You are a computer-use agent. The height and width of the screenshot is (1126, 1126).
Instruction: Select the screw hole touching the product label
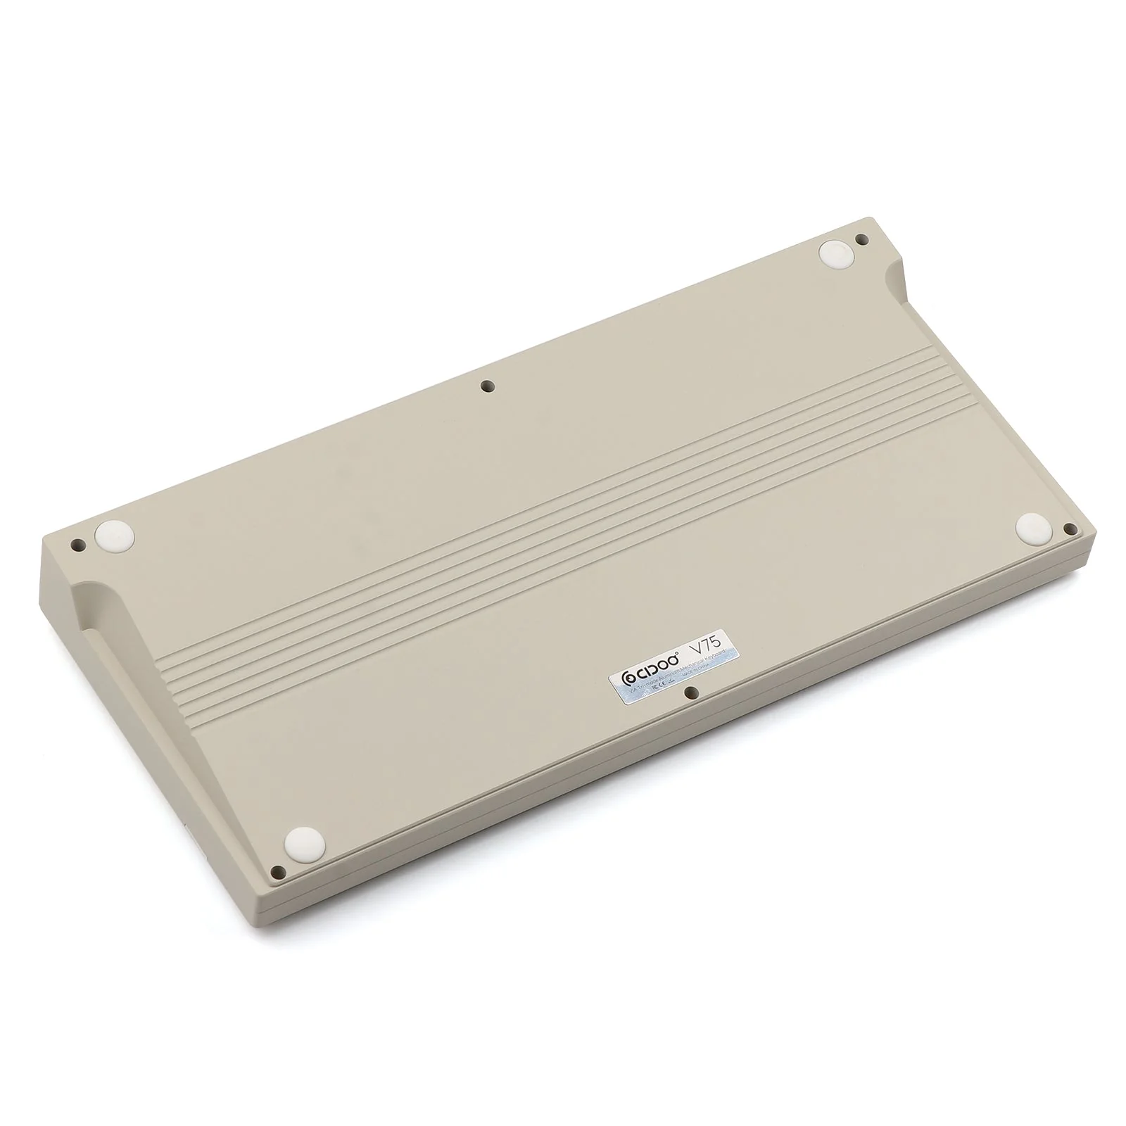(x=691, y=693)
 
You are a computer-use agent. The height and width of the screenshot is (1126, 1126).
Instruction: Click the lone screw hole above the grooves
(x=486, y=385)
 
